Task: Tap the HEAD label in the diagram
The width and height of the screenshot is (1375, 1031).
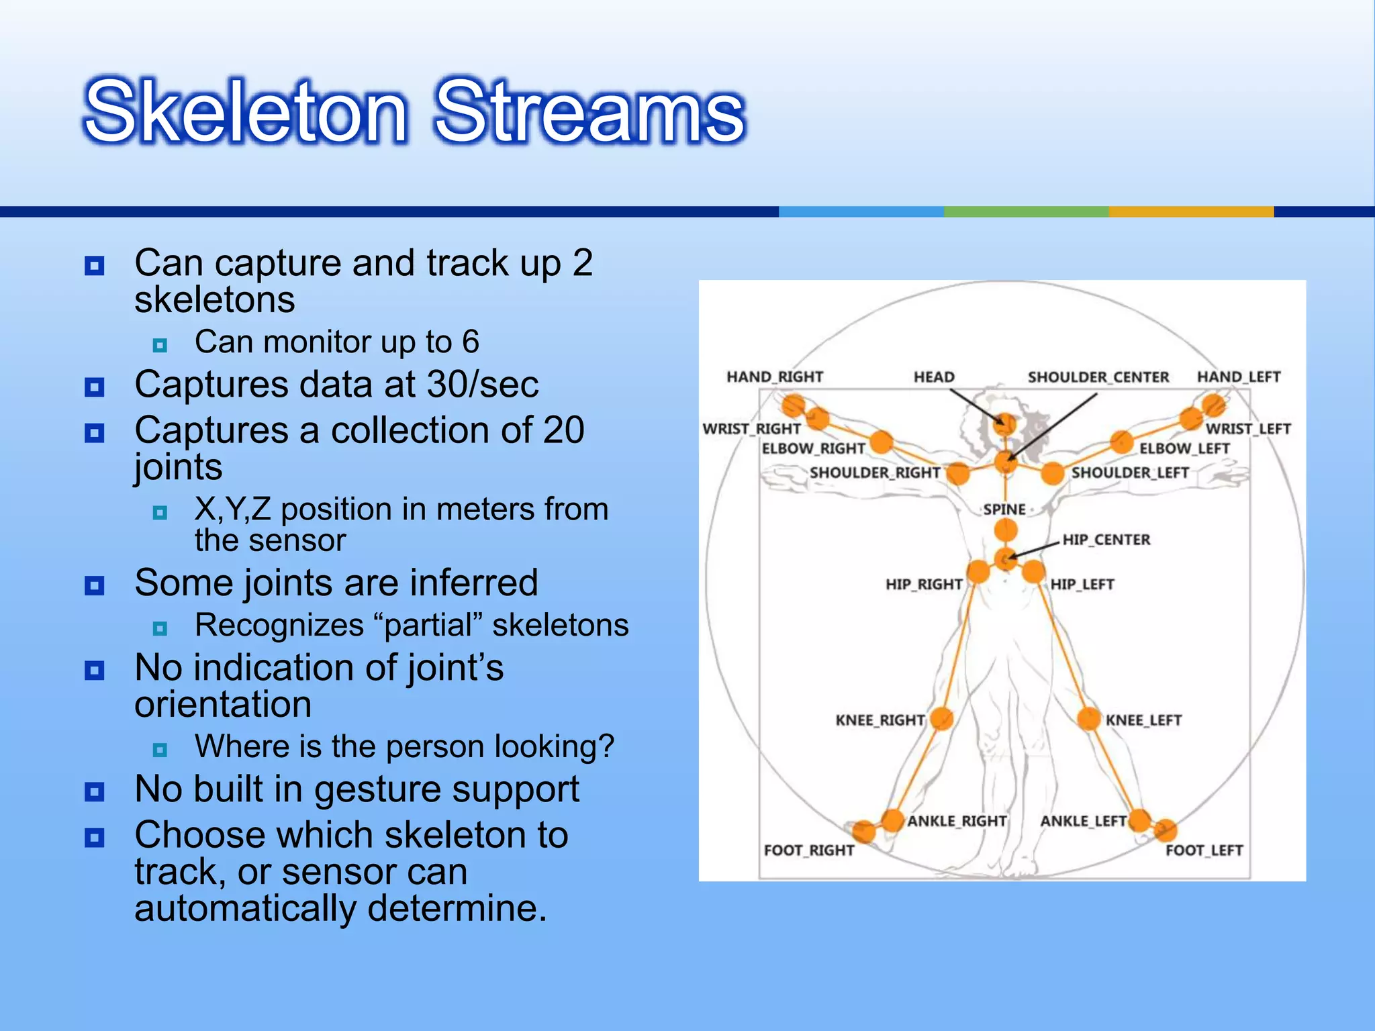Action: point(933,377)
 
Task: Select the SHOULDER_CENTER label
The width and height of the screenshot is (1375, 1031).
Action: point(1098,377)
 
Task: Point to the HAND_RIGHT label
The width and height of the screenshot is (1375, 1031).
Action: point(774,377)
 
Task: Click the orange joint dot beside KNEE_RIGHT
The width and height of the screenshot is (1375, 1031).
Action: point(942,718)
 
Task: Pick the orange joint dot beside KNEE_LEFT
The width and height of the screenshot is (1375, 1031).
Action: point(1088,718)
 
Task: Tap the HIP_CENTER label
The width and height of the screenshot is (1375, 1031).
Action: point(1106,540)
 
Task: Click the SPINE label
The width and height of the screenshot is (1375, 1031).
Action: point(1004,509)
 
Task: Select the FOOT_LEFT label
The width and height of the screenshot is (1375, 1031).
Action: point(1204,850)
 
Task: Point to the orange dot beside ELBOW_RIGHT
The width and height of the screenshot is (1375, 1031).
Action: point(881,442)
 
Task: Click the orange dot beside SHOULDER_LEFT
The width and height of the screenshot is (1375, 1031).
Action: point(1052,473)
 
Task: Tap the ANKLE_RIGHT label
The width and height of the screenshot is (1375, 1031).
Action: point(957,821)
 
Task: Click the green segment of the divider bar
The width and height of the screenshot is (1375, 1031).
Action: point(1026,211)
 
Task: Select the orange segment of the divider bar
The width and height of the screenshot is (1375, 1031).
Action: point(1190,211)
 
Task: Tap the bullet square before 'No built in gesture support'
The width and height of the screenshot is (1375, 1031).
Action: point(95,792)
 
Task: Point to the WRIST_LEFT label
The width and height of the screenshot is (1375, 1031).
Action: point(1248,429)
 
